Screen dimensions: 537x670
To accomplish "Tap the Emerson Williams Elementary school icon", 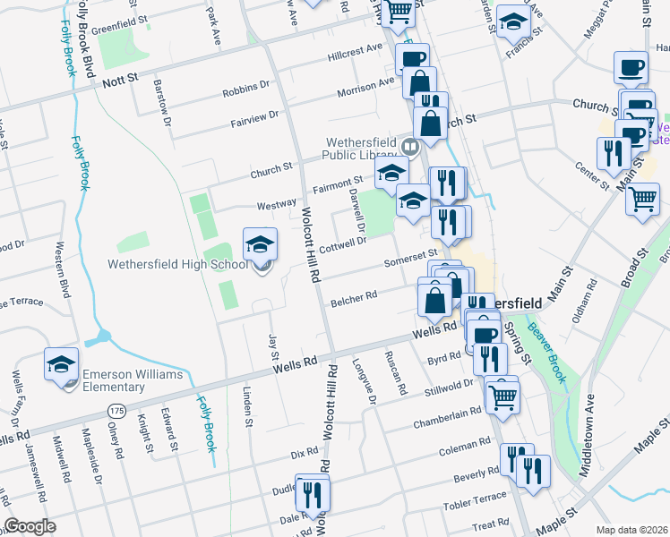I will (x=61, y=364).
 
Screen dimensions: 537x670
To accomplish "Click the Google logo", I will (x=30, y=526).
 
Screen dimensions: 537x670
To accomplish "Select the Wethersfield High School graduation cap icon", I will (x=259, y=244).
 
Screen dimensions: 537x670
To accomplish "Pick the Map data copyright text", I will (x=632, y=529).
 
